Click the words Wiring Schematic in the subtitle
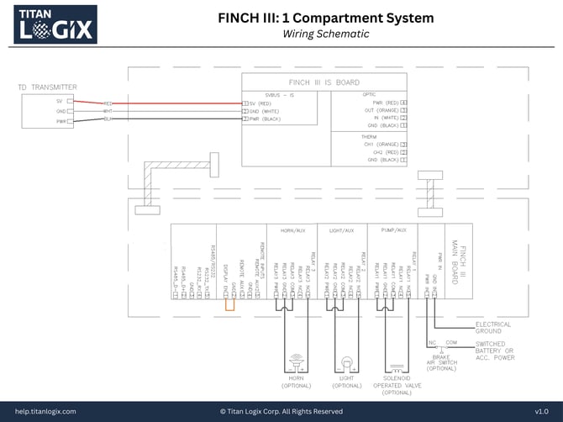[x=325, y=34]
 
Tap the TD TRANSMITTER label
[x=47, y=87]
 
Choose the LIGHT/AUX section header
[x=341, y=229]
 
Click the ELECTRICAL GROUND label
[x=493, y=328]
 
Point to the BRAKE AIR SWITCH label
[x=442, y=361]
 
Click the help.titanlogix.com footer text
[x=45, y=411]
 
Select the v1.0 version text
[x=541, y=411]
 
